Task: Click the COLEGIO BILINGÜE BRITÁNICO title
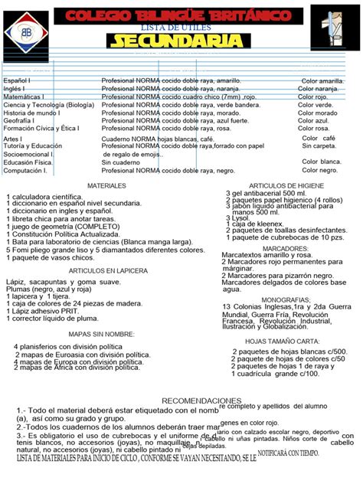[x=179, y=16]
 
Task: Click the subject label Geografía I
[x=20, y=121]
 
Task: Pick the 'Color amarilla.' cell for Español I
[x=322, y=80]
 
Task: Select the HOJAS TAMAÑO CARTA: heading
[x=283, y=341]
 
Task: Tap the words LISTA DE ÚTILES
[x=179, y=27]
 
